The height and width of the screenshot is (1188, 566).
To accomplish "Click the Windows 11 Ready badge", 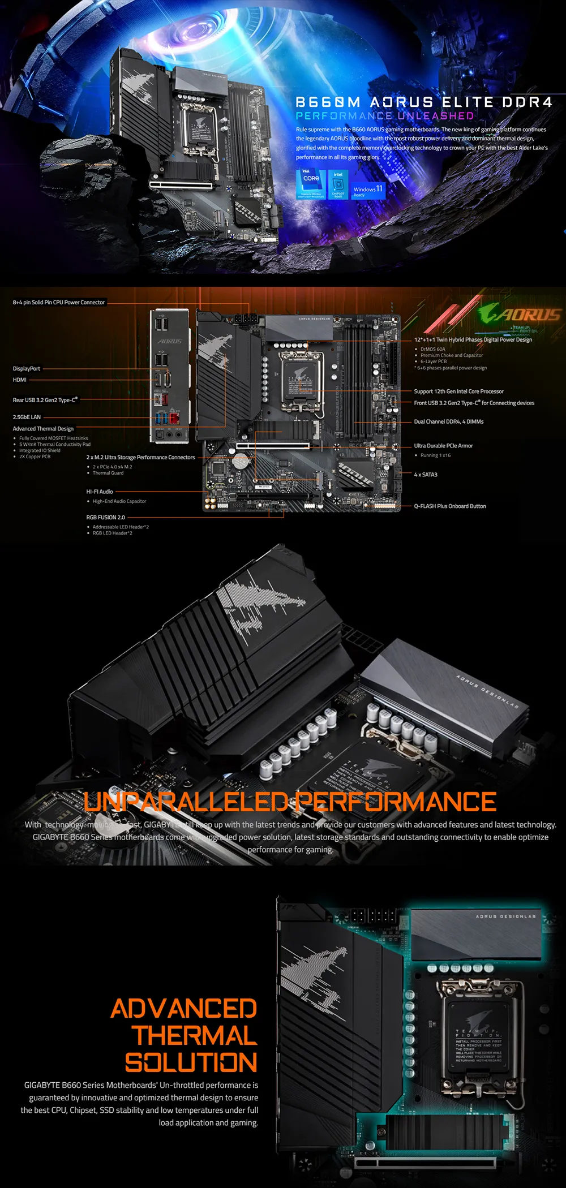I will pos(368,191).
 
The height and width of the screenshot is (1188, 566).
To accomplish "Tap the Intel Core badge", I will pos(311,183).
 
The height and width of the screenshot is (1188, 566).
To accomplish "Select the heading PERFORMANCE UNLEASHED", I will pos(385,116).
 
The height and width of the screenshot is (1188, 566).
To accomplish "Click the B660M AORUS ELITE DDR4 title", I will pos(424,102).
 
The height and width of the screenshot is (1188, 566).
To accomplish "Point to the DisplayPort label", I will pos(27,369).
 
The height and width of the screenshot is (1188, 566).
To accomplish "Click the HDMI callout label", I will pos(20,380).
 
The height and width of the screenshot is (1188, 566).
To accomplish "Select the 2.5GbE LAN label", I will pos(27,417).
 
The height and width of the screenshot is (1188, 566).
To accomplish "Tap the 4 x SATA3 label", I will pos(426,475).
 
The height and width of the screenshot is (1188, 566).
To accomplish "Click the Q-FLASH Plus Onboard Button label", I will pos(450,506).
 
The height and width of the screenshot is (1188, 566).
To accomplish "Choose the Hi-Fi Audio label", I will pos(100,492).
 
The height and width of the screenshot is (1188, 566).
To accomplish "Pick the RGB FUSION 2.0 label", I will pos(106,517).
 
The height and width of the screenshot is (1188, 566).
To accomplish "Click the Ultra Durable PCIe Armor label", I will pos(443,446).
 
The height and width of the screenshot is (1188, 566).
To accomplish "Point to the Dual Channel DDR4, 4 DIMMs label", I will pos(449,421).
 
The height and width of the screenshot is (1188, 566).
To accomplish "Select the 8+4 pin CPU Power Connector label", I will pos(59,303).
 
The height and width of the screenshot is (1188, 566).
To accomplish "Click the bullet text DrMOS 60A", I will pos(433,349).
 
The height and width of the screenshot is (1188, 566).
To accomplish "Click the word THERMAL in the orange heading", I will pos(195,1036).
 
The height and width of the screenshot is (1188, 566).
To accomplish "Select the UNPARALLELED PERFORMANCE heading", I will pos(290,802).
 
